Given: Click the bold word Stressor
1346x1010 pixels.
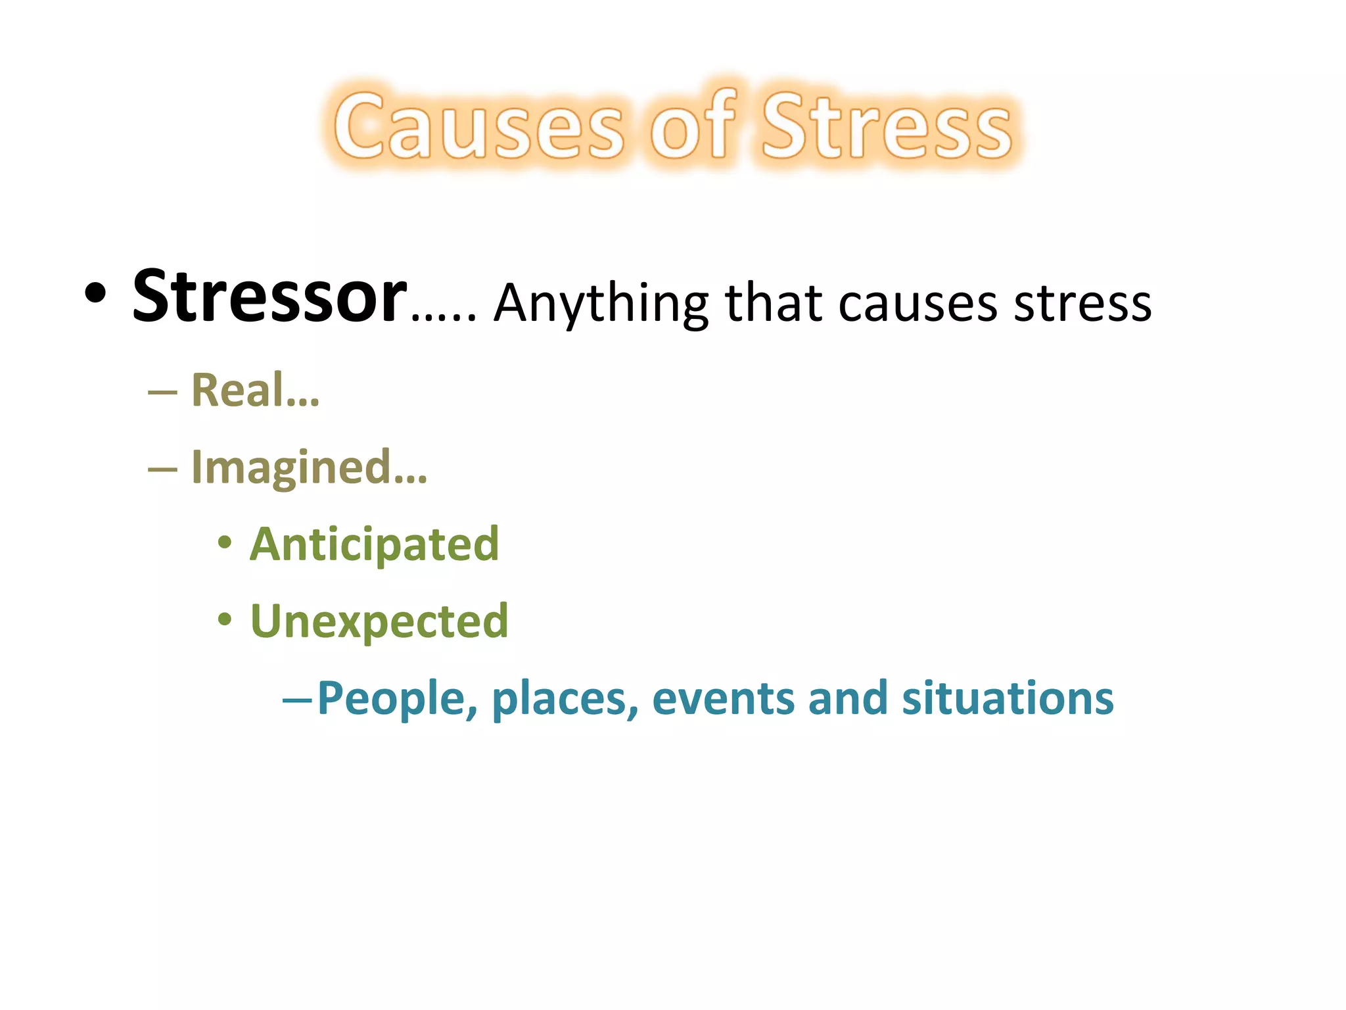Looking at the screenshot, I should pyautogui.click(x=269, y=297).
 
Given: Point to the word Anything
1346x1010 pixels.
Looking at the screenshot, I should pyautogui.click(x=601, y=304).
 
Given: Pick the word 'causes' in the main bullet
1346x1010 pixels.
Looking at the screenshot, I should pyautogui.click(x=918, y=304).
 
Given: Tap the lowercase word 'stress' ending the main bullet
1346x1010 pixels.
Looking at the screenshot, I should pyautogui.click(x=1082, y=304).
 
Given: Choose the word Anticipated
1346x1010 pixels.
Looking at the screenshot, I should pyautogui.click(x=375, y=544).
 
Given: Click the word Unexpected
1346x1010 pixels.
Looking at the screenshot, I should pyautogui.click(x=379, y=621).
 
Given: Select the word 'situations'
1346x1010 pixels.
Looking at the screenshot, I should pyautogui.click(x=1008, y=698).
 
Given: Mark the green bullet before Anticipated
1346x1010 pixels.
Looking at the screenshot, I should pyautogui.click(x=225, y=543).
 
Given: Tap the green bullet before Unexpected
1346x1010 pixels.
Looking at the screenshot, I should pyautogui.click(x=225, y=619).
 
